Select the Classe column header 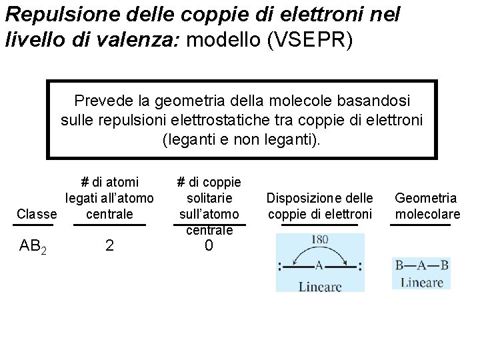tap(37, 214)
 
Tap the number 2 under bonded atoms tap(109, 246)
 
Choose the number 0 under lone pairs tap(209, 246)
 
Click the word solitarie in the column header tap(209, 198)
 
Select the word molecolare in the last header tap(427, 214)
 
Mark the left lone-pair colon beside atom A tap(280, 267)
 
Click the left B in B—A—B tap(399, 265)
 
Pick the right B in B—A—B tap(444, 265)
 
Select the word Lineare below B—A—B tap(421, 282)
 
